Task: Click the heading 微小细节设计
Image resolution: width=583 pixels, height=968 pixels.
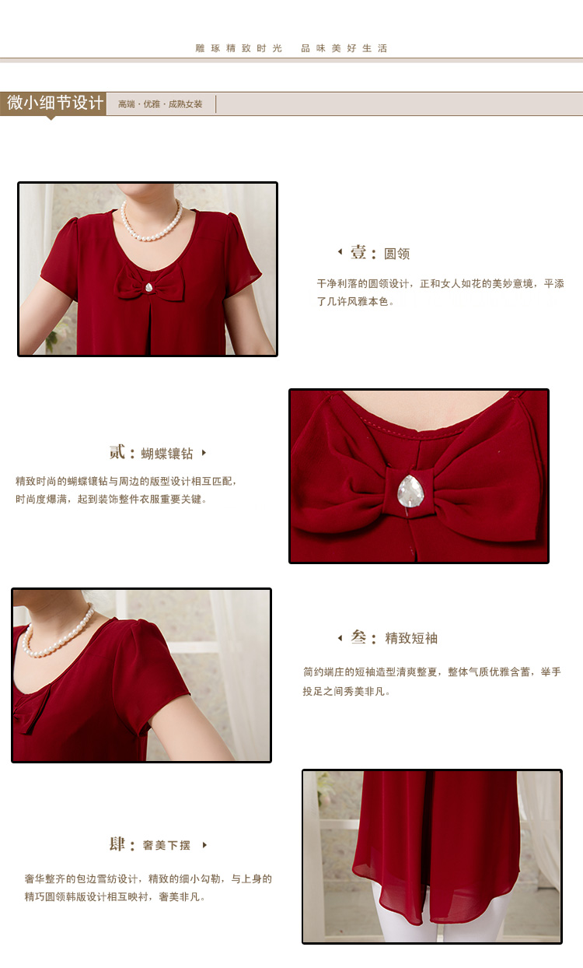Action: (x=55, y=103)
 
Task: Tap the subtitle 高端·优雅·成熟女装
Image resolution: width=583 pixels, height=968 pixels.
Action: (x=160, y=104)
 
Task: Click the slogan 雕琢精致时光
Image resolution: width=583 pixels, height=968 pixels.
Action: (x=239, y=48)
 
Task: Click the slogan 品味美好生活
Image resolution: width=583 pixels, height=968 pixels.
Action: (x=344, y=48)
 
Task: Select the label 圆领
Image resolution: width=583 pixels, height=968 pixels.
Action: (x=396, y=254)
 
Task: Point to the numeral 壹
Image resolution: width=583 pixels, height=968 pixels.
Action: (x=358, y=252)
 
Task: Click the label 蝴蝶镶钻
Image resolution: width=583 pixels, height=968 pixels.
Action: (x=166, y=454)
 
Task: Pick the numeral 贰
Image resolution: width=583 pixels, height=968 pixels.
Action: (x=117, y=452)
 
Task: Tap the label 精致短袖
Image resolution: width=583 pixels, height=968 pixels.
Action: (x=411, y=638)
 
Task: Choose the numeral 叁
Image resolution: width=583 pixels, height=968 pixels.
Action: (x=358, y=637)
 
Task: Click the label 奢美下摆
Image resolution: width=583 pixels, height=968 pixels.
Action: (x=166, y=845)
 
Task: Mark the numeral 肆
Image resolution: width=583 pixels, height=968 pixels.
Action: (x=117, y=844)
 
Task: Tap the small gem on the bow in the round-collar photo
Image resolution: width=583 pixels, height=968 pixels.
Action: (x=149, y=287)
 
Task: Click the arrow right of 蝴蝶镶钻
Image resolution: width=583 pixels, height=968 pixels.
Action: (x=204, y=453)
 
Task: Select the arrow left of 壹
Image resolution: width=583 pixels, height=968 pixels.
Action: (x=340, y=251)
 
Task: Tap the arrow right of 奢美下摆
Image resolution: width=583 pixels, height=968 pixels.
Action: (x=204, y=845)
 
